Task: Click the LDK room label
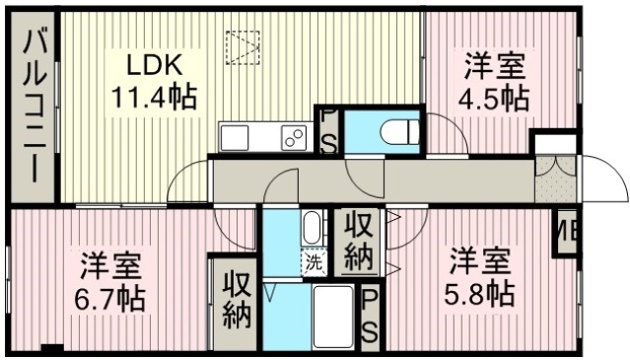tap(155, 65)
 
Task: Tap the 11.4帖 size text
tap(154, 97)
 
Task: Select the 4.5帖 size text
tap(494, 99)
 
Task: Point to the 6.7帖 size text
tap(110, 298)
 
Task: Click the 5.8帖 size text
tap(479, 294)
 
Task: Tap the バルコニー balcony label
tap(35, 107)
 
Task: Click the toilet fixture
tap(400, 132)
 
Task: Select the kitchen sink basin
tap(235, 138)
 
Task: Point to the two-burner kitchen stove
tap(294, 138)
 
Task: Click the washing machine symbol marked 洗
tap(315, 263)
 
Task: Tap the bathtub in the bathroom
tap(333, 317)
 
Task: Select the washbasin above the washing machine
tap(312, 228)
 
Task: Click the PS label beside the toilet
tap(328, 130)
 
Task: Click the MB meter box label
tap(567, 232)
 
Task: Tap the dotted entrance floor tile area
tap(556, 179)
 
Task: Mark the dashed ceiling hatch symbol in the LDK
tap(243, 47)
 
